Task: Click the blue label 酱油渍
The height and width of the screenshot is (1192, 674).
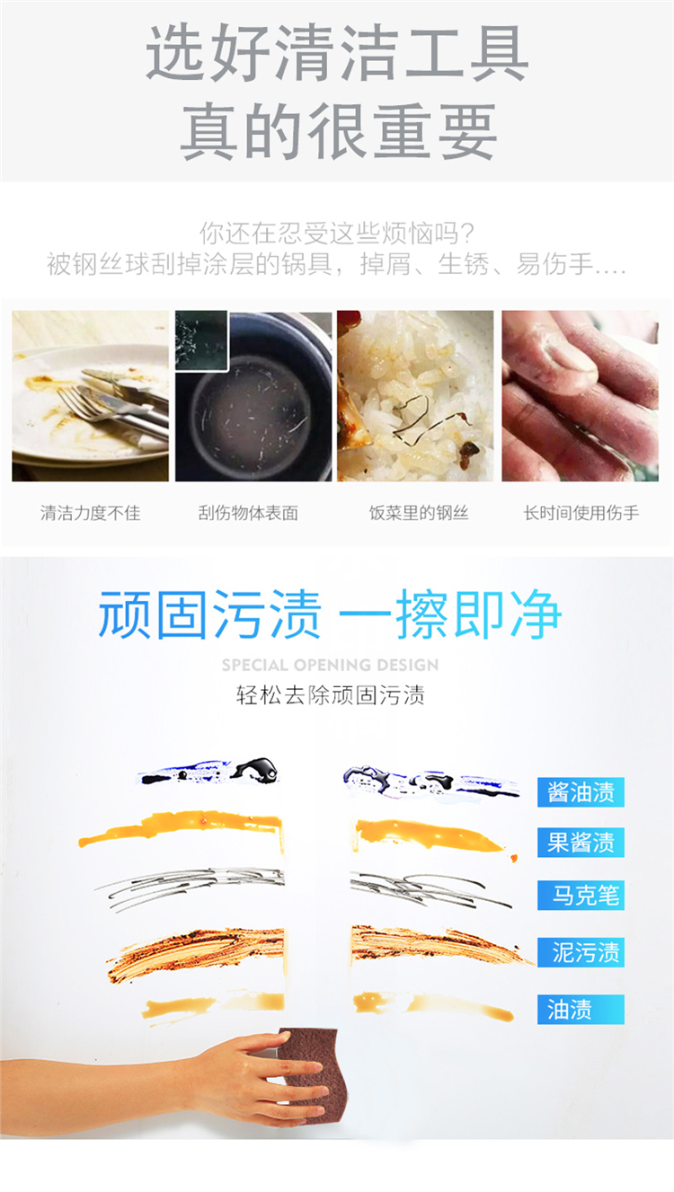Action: click(x=581, y=792)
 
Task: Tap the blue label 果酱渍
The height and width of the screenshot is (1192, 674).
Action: click(x=581, y=843)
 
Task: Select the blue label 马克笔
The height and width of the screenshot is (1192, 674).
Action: click(x=581, y=895)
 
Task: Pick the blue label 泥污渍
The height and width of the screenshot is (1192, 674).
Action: click(x=581, y=952)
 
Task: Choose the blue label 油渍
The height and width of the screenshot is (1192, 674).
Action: click(x=581, y=1009)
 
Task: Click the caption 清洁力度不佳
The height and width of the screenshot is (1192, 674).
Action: click(x=91, y=513)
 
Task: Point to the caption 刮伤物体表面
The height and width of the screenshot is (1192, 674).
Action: click(x=248, y=513)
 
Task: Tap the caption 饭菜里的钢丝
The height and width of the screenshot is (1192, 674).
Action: click(x=419, y=513)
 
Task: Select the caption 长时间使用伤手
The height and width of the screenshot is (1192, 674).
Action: click(x=581, y=513)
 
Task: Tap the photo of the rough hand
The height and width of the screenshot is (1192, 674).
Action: click(x=581, y=396)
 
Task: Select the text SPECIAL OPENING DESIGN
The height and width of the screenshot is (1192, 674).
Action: click(x=330, y=666)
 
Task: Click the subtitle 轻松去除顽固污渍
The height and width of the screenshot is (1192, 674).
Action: click(x=330, y=695)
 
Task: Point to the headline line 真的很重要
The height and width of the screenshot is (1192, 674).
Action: click(x=339, y=131)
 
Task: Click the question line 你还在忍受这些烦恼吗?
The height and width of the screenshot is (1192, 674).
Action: click(x=337, y=233)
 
